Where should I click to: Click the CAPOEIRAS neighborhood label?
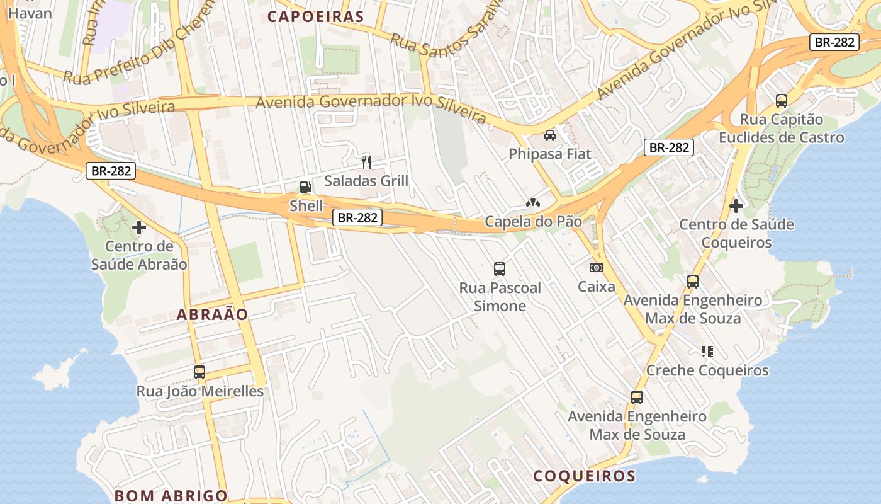(316, 17)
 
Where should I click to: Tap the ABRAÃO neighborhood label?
(213, 314)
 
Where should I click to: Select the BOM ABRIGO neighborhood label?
(171, 495)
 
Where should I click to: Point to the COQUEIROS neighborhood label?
(585, 476)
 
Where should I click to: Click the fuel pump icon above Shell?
(305, 186)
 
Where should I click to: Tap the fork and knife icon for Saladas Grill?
(366, 163)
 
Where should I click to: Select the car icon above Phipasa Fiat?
(549, 135)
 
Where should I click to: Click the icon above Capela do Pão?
(532, 203)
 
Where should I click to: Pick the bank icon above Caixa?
(597, 268)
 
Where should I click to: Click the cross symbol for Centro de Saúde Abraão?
(139, 227)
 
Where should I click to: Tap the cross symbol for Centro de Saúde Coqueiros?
(736, 205)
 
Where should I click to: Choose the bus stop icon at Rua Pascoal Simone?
(500, 269)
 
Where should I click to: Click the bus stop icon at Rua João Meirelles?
(199, 372)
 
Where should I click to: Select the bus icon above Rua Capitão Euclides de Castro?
(781, 100)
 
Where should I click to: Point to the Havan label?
(30, 13)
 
